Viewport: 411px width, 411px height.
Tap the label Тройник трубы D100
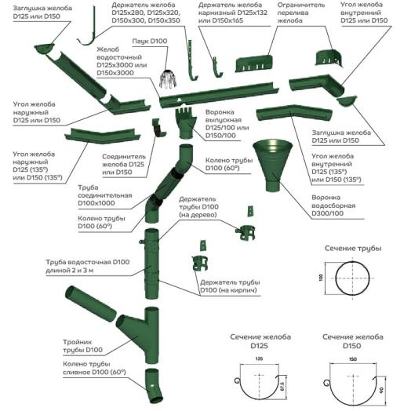[x=83, y=346]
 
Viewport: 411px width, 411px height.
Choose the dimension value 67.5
[x=283, y=385]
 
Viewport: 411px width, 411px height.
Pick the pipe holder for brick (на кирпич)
[x=198, y=264]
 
